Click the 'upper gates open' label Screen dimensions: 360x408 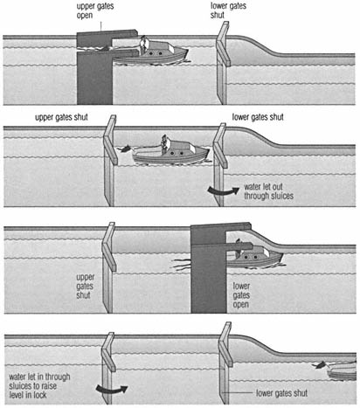pos(95,10)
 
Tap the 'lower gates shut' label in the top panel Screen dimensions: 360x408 pos(228,10)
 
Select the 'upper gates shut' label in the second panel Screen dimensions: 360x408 pos(61,117)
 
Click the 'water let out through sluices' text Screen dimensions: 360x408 pos(268,191)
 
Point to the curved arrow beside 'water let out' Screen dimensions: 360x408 pos(224,190)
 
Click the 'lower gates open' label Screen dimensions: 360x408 pos(241,295)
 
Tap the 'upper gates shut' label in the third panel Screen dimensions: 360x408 pos(85,287)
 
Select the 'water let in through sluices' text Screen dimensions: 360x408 pos(39,386)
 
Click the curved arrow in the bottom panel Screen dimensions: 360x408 pos(112,389)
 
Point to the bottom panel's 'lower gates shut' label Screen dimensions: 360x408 pos(281,393)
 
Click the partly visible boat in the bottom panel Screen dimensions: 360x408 pos(342,370)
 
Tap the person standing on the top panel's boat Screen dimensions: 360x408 pos(142,45)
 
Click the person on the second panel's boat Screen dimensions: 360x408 pos(164,144)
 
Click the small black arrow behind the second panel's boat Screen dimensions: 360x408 pos(124,149)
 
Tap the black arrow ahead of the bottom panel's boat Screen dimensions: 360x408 pos(321,365)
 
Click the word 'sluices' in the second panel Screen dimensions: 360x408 pos(280,196)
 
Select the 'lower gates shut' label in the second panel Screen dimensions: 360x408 pos(258,117)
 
